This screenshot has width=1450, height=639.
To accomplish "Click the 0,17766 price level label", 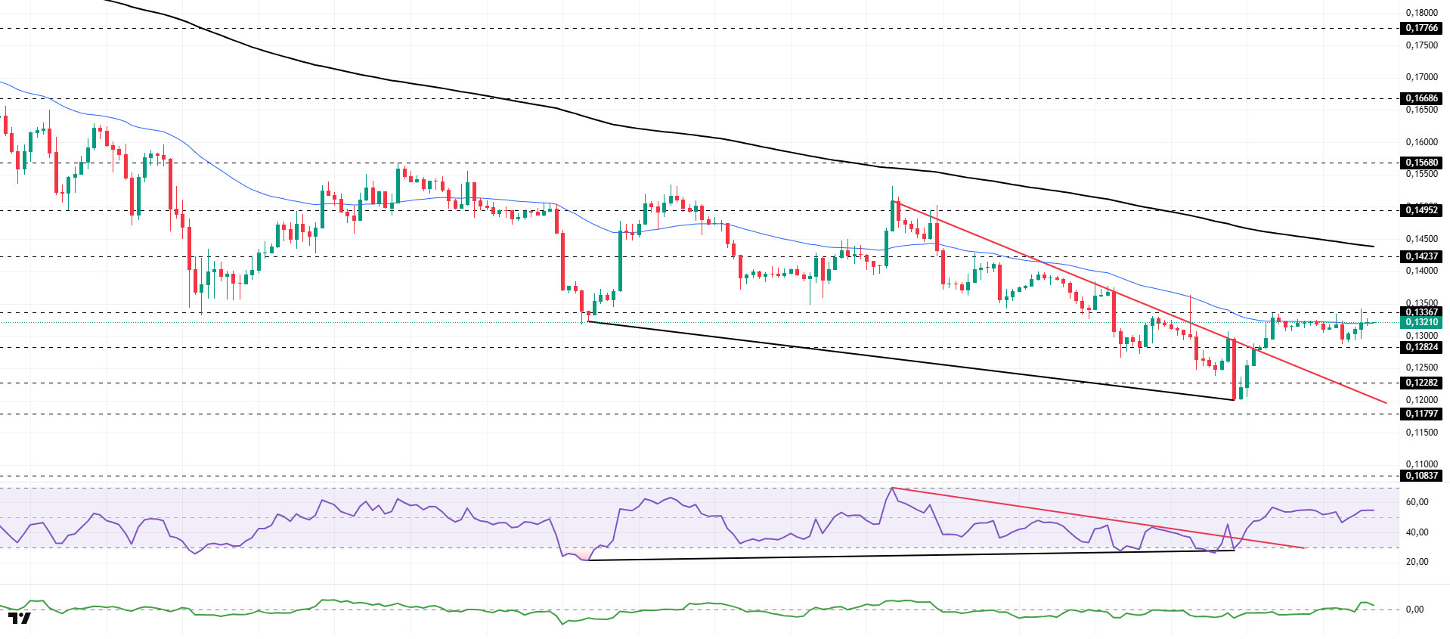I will (x=1421, y=28).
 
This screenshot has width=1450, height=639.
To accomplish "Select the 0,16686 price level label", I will (x=1421, y=98).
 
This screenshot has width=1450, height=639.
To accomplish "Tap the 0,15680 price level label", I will (x=1421, y=163).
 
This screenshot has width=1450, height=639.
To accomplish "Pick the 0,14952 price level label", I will (x=1421, y=210).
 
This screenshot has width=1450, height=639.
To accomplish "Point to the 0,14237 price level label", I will (x=1421, y=256).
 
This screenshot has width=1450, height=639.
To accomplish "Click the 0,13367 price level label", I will (x=1421, y=312).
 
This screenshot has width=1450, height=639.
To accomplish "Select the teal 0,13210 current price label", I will (x=1421, y=322).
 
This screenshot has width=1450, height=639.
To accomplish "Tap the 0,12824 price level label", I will (x=1421, y=347).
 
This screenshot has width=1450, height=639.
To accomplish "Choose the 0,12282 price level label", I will (x=1421, y=383).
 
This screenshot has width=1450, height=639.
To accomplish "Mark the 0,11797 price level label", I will (x=1421, y=414).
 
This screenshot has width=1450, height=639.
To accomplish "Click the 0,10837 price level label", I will (x=1421, y=476).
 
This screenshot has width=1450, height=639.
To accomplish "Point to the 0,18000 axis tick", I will (x=1421, y=13).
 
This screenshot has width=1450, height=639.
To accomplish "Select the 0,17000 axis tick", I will (x=1421, y=77).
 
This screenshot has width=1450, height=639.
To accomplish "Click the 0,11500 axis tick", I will (x=1421, y=433).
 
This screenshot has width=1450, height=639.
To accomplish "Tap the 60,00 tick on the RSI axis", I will (x=1417, y=502).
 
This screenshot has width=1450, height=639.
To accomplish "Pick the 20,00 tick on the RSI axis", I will (x=1417, y=562).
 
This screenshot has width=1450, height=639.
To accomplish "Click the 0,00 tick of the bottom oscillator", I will (x=1414, y=610).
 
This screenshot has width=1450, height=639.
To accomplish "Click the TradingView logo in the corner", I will (x=20, y=619).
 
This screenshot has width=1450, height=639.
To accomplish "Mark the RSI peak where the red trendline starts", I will (x=892, y=488).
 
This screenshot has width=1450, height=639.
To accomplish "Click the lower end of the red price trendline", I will (x=1386, y=402).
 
